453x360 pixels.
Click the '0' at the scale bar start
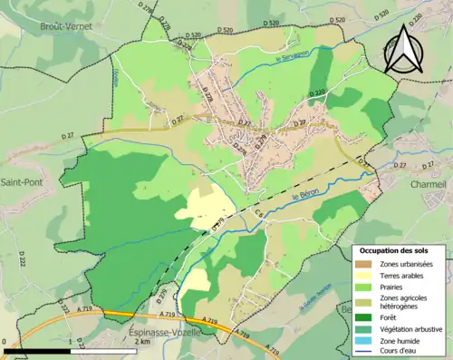pyautogui.click(x=5, y=342)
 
